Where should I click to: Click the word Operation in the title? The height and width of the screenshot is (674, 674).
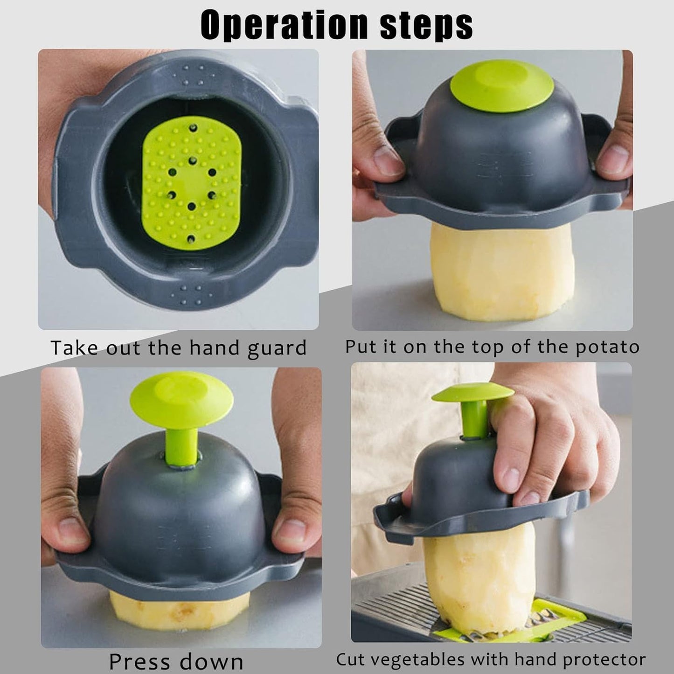point(284,26)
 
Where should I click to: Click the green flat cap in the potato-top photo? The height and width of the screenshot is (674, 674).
point(502,86)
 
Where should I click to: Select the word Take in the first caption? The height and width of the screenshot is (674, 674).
point(74,347)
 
